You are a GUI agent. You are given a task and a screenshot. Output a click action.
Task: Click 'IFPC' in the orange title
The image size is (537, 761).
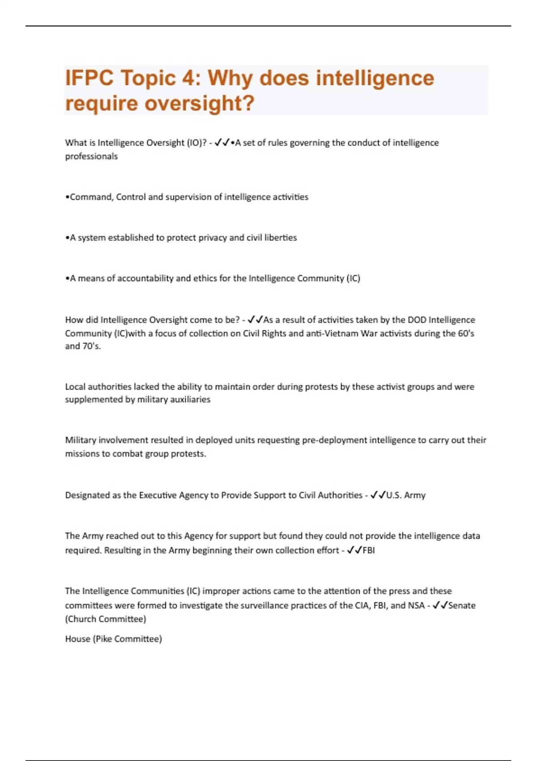(89, 78)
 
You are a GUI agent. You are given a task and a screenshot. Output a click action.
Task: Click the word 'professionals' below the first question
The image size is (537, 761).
(91, 156)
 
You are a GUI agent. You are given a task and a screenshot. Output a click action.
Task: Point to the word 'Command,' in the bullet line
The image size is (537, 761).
(91, 197)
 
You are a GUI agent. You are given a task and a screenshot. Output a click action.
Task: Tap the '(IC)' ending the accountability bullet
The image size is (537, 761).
(353, 278)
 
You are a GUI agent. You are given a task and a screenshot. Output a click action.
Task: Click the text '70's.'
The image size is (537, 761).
(92, 346)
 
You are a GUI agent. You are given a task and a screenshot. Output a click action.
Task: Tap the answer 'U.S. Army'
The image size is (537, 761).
(406, 495)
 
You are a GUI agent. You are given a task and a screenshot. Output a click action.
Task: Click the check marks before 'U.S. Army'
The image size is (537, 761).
(378, 495)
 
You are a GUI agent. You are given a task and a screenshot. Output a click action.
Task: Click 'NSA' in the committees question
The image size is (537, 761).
(416, 605)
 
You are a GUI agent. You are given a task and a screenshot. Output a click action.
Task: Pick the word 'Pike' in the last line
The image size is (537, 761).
(104, 639)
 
